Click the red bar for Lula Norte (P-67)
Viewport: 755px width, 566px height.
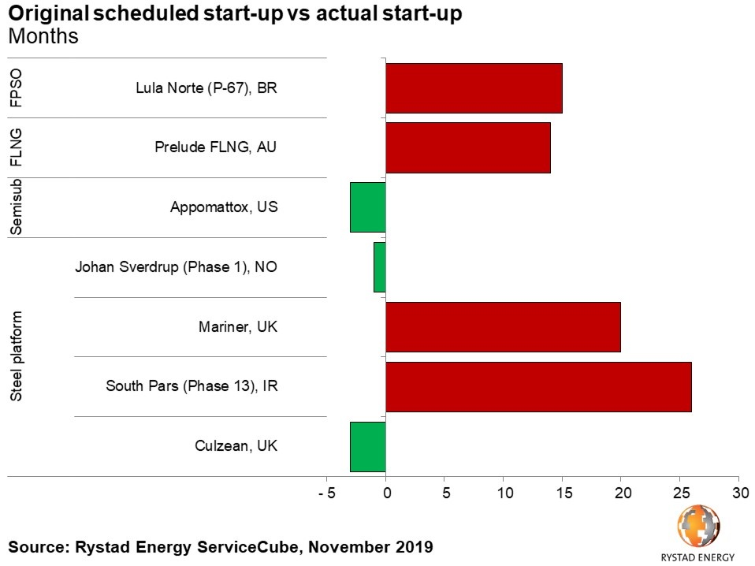point(474,88)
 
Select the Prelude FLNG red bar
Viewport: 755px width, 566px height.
point(468,147)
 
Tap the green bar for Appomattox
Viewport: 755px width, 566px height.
point(368,207)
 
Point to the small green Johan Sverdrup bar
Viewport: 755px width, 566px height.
point(380,267)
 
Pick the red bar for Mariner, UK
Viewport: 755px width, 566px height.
point(503,327)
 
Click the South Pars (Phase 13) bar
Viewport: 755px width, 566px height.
point(538,387)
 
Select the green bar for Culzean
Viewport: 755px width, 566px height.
point(368,447)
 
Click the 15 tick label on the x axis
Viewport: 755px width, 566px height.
point(563,493)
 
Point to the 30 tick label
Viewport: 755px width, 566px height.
point(738,493)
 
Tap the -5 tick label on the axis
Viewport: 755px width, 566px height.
point(327,493)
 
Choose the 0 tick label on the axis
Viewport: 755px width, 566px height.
point(386,493)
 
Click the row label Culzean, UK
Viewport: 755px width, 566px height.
point(236,446)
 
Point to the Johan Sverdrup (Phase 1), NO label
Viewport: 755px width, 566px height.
point(176,266)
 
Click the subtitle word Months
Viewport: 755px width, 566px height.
point(43,36)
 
